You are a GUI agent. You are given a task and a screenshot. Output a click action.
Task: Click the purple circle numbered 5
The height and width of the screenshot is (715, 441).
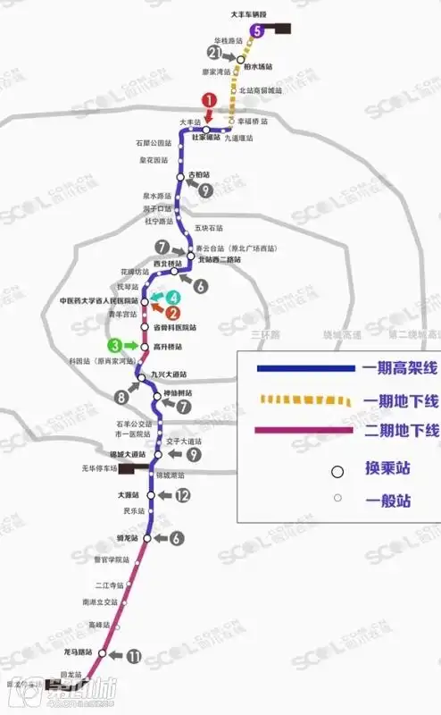[258, 31]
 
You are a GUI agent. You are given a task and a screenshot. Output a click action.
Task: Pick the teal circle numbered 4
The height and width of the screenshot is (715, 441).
[174, 297]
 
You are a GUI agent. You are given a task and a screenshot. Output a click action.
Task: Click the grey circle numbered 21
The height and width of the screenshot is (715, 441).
[214, 53]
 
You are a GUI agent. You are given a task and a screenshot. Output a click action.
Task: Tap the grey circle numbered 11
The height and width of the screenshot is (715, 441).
[135, 657]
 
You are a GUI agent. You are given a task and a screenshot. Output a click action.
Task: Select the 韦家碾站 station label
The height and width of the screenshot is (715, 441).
[204, 137]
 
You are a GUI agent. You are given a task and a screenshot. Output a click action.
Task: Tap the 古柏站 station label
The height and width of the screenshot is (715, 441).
[199, 174]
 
